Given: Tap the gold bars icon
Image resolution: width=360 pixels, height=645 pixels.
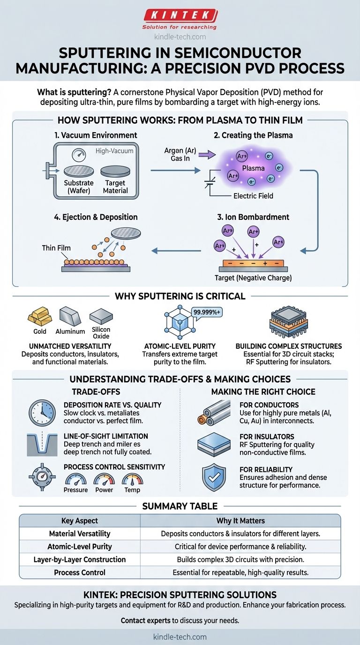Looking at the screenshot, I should pyautogui.click(x=39, y=317).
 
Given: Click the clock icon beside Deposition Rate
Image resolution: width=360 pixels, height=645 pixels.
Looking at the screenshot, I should pyautogui.click(x=42, y=412).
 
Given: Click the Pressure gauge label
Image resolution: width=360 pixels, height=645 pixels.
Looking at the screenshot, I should pyautogui.click(x=75, y=490).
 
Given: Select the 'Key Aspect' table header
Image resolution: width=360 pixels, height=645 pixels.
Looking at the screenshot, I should pyautogui.click(x=80, y=521).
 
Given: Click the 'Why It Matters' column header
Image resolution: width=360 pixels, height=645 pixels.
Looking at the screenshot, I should pyautogui.click(x=240, y=521).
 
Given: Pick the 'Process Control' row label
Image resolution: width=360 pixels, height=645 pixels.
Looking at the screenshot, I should pyautogui.click(x=80, y=572).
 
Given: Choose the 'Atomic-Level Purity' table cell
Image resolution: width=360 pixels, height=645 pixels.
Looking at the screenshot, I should pyautogui.click(x=80, y=547).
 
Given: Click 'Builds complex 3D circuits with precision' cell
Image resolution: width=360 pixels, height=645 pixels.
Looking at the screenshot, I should pyautogui.click(x=240, y=560).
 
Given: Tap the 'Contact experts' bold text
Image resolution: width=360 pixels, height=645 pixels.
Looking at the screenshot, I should pyautogui.click(x=145, y=621).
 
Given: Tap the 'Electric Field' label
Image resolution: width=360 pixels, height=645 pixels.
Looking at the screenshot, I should pyautogui.click(x=253, y=196).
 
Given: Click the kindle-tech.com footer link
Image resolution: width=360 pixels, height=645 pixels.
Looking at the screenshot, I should pyautogui.click(x=180, y=637).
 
